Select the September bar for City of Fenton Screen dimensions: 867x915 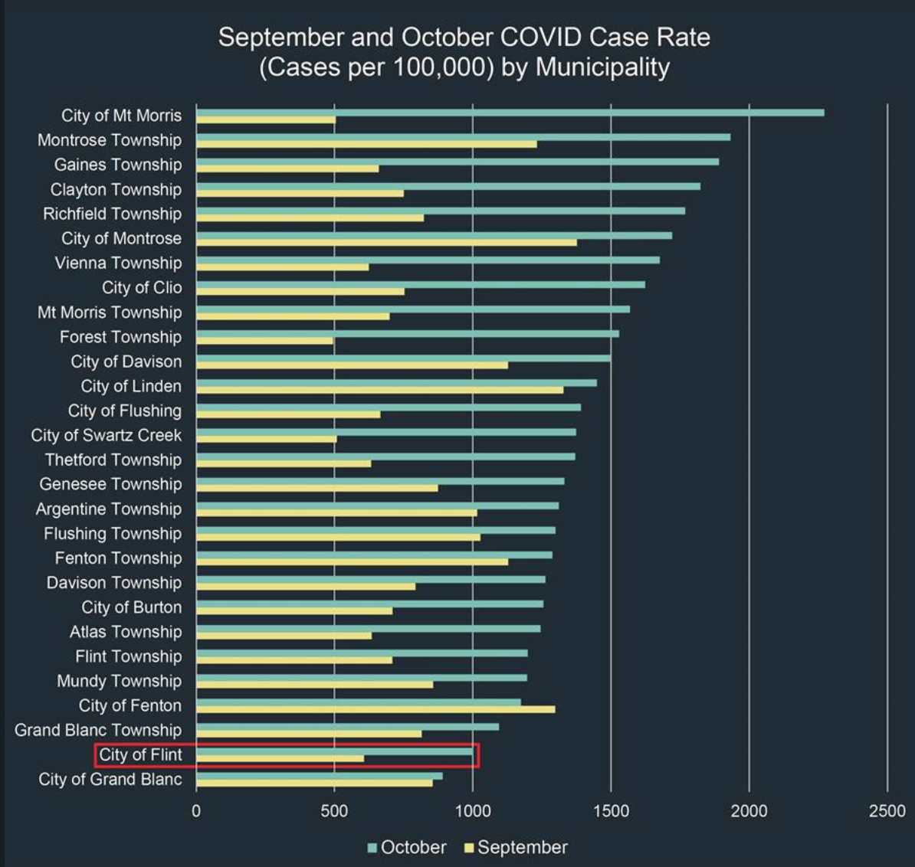376,709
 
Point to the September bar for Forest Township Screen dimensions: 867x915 265,340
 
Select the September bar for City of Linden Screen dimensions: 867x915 379,390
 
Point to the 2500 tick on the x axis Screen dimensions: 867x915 887,811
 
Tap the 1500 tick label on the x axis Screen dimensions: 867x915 611,811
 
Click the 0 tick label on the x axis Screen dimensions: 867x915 196,811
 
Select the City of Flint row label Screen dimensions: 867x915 140,754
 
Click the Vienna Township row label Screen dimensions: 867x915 118,263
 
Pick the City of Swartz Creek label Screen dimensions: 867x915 107,435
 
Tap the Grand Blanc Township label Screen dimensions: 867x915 98,730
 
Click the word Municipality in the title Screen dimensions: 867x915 602,67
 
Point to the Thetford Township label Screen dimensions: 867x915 113,460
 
